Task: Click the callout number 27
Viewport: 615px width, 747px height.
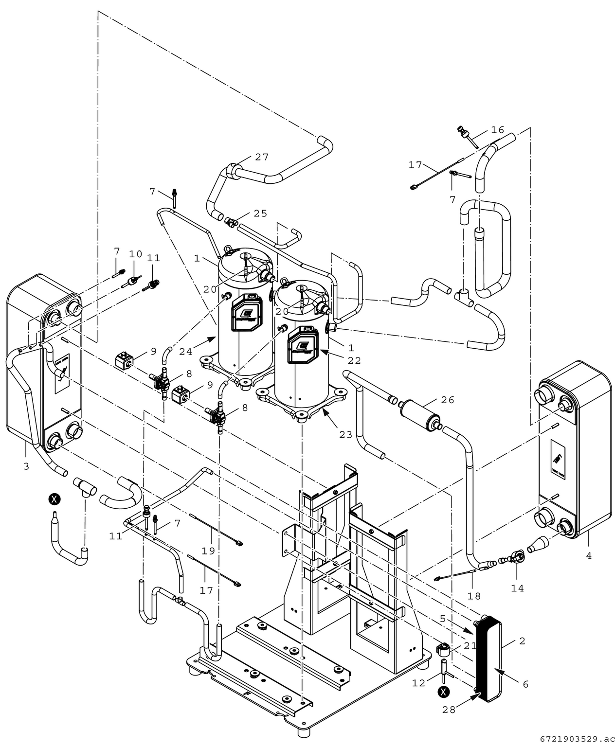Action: coord(262,157)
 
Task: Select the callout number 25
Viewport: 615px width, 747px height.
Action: coord(260,213)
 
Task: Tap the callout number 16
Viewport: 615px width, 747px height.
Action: coord(497,130)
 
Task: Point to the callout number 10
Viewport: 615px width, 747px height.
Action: coord(135,254)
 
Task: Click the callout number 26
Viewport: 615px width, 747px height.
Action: coord(447,400)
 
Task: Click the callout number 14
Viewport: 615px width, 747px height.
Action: coord(517,588)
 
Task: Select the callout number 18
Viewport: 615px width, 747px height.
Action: coord(474,596)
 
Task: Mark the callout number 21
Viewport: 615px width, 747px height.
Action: coord(470,645)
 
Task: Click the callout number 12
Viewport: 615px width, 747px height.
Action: coord(418,683)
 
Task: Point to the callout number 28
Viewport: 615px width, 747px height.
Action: coord(449,710)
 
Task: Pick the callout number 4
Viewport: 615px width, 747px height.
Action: coord(589,556)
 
